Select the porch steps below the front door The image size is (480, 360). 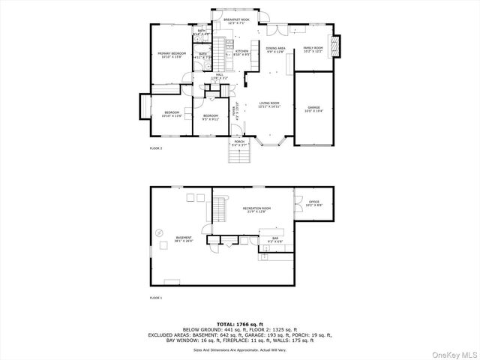[x=239, y=156]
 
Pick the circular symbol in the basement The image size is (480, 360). [x=160, y=233]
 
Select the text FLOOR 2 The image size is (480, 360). [x=156, y=148]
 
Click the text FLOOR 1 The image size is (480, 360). [x=156, y=298]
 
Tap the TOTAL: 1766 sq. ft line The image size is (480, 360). [x=239, y=323]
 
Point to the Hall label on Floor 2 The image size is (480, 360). [x=220, y=76]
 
